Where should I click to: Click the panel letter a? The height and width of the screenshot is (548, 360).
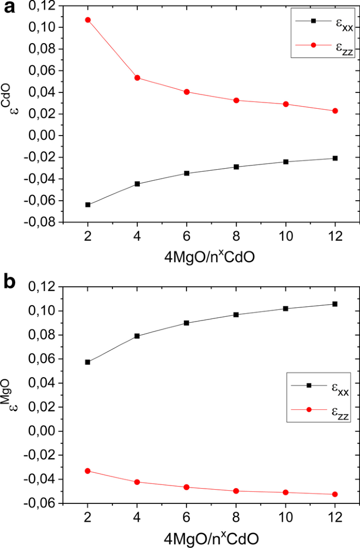click(9, 9)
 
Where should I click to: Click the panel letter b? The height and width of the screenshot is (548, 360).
click(9, 282)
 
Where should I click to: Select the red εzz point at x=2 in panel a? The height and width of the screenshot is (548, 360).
click(88, 20)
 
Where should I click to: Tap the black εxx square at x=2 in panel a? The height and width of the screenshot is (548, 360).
click(88, 205)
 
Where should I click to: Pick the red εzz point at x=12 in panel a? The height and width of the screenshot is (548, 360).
click(335, 111)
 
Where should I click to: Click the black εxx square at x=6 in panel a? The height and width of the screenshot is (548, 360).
click(187, 173)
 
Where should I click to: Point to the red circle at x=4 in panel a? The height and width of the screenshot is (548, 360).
click(137, 78)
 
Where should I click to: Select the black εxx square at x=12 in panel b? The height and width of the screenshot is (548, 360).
click(335, 304)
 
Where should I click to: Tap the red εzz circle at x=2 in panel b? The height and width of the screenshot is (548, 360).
click(88, 471)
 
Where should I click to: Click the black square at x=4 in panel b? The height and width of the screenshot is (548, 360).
click(137, 336)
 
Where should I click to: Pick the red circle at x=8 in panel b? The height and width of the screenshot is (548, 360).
click(236, 491)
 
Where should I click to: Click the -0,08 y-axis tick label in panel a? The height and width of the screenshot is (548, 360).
click(42, 222)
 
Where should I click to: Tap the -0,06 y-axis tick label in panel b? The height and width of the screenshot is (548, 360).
click(42, 503)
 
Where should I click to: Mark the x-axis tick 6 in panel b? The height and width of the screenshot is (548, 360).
click(187, 515)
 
